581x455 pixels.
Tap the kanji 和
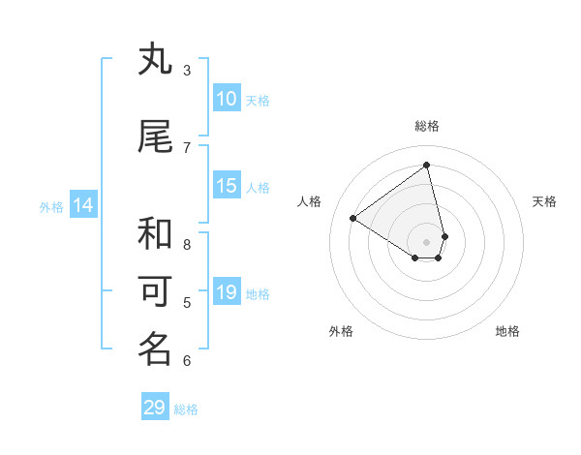(x=155, y=232)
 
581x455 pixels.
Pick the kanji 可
(x=155, y=290)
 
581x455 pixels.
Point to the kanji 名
(x=155, y=349)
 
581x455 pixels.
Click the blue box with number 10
(x=226, y=99)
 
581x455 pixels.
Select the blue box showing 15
(x=226, y=186)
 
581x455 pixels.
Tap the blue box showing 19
(x=226, y=292)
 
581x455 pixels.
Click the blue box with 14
(x=83, y=205)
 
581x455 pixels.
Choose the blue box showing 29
(x=155, y=408)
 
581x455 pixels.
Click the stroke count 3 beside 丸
(x=187, y=70)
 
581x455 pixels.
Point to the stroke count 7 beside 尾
(x=187, y=147)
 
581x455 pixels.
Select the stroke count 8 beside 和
(x=187, y=244)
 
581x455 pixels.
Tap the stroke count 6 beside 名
(x=187, y=361)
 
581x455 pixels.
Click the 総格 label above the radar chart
(x=426, y=126)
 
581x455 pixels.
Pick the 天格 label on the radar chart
(x=544, y=201)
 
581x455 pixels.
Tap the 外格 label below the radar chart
(x=341, y=331)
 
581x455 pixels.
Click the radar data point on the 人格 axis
(x=353, y=218)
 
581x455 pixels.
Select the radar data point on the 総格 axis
(x=426, y=165)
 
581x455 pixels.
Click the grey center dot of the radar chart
(x=426, y=241)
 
